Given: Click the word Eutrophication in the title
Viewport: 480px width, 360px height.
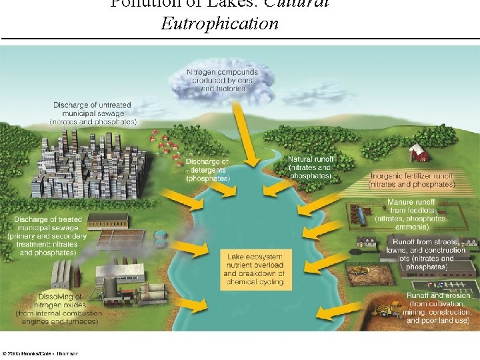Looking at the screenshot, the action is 219,25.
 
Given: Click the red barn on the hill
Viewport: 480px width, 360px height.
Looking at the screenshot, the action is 419,153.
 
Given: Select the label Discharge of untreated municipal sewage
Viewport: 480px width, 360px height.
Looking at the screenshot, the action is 93,114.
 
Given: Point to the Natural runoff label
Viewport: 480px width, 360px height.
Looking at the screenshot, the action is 310,167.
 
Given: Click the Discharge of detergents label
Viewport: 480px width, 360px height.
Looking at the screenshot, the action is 207,170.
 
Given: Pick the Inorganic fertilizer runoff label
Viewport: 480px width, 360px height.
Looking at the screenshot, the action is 413,179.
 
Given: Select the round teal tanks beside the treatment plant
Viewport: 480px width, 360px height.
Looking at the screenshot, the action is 160,237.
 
